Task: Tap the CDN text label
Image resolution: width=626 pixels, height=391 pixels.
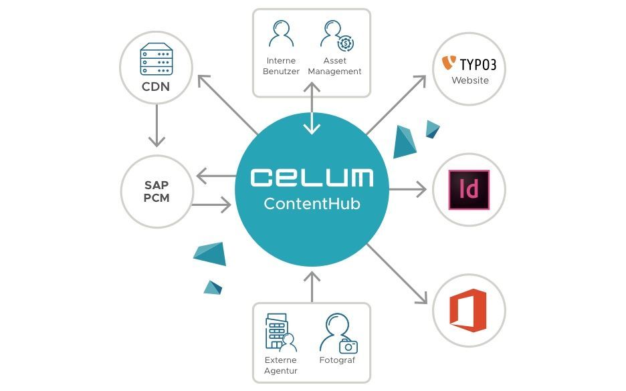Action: coord(155,87)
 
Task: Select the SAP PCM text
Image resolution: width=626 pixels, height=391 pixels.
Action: coord(156,192)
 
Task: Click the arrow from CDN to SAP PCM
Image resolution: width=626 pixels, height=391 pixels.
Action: coord(156,125)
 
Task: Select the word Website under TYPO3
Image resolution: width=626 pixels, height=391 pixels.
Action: coord(469,81)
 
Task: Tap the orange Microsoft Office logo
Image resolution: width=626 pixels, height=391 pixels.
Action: coord(469,310)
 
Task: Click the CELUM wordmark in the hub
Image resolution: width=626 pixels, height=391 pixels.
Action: coord(312,177)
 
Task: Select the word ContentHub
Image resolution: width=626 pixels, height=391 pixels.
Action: coord(312,203)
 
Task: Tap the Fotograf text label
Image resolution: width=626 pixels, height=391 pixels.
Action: coord(337,360)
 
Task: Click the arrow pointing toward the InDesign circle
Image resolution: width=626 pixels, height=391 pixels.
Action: coord(408,190)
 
